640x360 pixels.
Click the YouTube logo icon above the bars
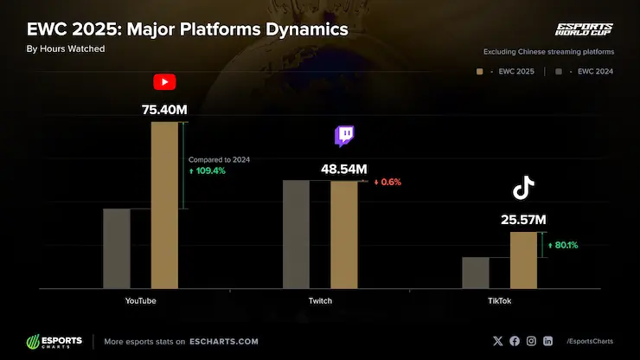coord(164,82)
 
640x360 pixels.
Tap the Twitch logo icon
coord(345,136)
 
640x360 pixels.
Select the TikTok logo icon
coord(523,189)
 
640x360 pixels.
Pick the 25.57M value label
coord(523,220)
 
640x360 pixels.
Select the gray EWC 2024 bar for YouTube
coord(117,248)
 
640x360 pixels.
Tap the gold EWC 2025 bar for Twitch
coord(343,235)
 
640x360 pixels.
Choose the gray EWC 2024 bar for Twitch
coord(296,235)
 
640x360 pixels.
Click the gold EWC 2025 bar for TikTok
coord(523,260)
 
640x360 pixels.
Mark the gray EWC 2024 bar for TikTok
coord(476,273)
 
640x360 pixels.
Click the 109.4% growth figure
coord(207,171)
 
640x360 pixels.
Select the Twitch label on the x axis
coord(320,300)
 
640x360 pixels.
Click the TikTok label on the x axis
coord(499,300)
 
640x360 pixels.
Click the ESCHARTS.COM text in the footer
coord(225,341)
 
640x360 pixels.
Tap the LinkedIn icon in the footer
coord(547,341)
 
